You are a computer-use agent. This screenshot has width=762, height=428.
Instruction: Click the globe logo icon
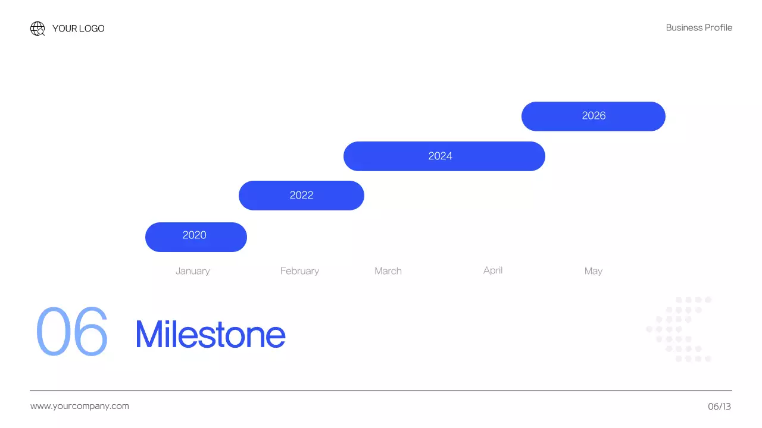tap(38, 29)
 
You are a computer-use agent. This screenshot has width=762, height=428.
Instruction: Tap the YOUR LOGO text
tap(78, 29)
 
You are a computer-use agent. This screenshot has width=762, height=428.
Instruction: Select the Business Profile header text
tap(699, 28)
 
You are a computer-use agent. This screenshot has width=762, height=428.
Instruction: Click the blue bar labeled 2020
tap(196, 237)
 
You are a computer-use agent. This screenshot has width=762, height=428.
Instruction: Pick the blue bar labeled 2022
tap(301, 196)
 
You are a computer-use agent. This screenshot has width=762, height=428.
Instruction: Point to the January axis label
tap(192, 271)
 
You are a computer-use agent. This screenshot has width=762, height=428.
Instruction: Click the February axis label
tap(299, 271)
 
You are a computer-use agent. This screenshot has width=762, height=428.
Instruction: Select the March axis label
tap(388, 271)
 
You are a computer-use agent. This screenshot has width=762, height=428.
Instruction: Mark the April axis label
tap(493, 270)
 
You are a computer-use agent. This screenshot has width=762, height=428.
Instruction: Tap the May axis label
tap(594, 271)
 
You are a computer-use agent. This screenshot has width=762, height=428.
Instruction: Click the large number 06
tap(72, 331)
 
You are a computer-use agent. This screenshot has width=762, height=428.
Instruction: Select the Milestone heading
tap(210, 334)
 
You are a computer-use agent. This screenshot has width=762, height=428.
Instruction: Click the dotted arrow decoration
tap(679, 329)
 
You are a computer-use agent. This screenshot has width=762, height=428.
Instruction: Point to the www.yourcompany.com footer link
tap(80, 406)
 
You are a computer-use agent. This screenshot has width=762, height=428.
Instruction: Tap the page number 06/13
tap(719, 407)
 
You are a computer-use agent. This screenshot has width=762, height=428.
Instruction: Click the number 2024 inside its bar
tap(441, 156)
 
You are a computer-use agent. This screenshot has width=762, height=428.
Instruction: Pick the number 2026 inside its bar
tap(594, 116)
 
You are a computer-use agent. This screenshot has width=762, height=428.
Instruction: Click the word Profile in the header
tap(719, 28)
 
